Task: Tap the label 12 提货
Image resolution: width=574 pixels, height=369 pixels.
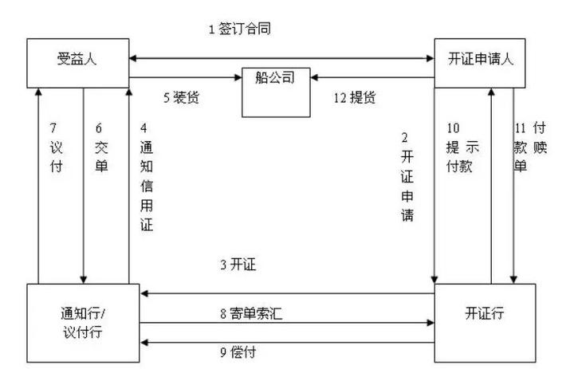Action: click(x=355, y=98)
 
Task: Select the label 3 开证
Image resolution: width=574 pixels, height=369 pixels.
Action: click(x=237, y=264)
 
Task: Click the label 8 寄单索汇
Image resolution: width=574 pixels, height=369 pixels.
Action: click(x=251, y=313)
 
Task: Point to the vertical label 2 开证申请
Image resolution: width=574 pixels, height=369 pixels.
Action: click(x=409, y=176)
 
